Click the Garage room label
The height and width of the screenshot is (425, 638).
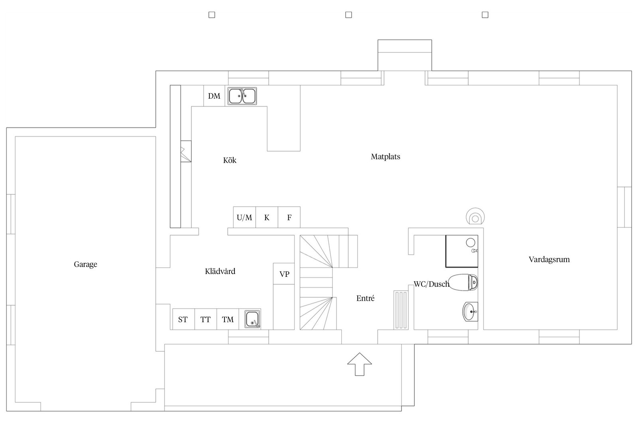click(85, 264)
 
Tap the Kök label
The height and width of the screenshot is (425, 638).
click(230, 160)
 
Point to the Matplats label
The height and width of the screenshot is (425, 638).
click(385, 157)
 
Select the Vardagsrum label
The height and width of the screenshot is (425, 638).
click(549, 259)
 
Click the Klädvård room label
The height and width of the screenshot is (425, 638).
click(220, 271)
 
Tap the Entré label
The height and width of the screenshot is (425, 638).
click(365, 298)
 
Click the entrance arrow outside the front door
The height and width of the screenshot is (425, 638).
click(359, 364)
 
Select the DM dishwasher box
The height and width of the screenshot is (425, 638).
click(214, 96)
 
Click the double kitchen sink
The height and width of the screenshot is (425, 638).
click(242, 96)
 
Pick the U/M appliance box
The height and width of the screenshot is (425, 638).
click(244, 217)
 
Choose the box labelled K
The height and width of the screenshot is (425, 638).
click(267, 217)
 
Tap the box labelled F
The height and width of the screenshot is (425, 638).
click(289, 217)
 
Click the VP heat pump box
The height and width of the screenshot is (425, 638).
click(284, 274)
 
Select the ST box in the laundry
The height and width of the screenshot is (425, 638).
click(183, 319)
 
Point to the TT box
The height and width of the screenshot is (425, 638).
click(206, 319)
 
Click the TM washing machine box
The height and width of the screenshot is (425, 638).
click(228, 319)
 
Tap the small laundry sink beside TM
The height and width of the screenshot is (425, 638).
click(253, 319)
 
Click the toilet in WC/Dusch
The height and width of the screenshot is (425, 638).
click(463, 282)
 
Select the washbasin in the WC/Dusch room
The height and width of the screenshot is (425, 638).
click(470, 312)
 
